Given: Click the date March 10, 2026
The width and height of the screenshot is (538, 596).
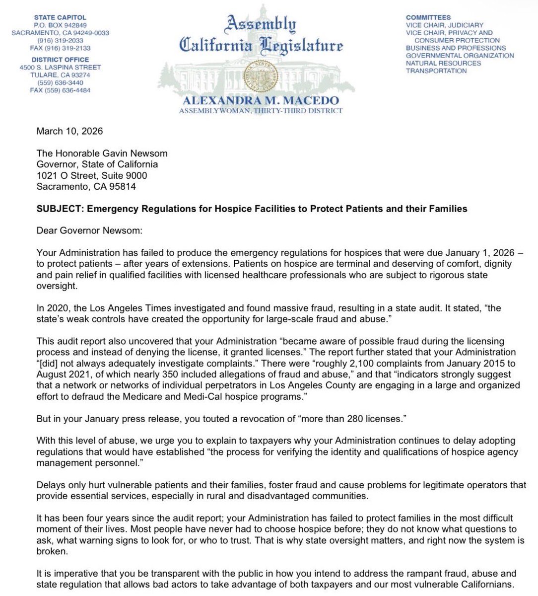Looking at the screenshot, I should pos(69,131).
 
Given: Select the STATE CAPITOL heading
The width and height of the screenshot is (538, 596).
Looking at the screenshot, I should pos(60,17).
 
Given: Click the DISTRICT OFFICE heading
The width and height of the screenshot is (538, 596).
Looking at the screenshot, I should pos(60,60).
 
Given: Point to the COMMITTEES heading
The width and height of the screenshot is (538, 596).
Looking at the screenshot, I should pos(428,17).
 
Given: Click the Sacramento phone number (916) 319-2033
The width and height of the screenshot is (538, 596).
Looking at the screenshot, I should pos(60,41).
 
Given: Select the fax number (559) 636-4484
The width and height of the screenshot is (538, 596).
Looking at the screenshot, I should pos(60,90).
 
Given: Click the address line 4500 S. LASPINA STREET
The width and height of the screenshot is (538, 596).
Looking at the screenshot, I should pos(60,67).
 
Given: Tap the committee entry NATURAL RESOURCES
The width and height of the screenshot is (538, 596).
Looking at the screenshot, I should pos(443,63).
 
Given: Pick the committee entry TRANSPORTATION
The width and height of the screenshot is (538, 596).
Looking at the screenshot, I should pos(436,71).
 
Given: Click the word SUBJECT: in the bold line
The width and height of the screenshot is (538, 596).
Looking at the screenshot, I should pos(60,209).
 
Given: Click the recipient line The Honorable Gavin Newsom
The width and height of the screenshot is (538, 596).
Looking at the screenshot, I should pos(102,153).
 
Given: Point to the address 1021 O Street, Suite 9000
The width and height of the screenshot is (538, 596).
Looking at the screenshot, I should pos(92,175).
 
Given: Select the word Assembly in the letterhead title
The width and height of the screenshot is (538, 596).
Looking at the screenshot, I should pos(261,23).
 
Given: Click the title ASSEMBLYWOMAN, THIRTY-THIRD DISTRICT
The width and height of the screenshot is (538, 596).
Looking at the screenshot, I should pos(261,111).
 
